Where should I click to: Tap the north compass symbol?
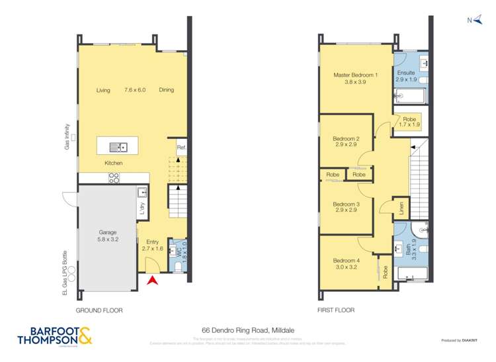tap(474, 21)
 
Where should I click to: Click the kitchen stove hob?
tap(114, 177)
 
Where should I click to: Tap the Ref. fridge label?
tap(181, 147)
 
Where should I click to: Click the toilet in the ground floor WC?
tap(181, 266)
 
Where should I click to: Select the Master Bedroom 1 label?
tap(356, 78)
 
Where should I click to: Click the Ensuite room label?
tap(406, 75)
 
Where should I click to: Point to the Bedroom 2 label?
tap(346, 141)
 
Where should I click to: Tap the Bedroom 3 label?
tap(346, 207)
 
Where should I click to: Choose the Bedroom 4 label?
tap(346, 263)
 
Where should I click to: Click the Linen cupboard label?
tap(401, 208)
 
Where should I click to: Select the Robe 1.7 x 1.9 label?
tap(409, 122)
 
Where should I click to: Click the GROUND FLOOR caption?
tap(99, 310)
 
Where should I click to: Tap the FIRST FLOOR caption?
tap(335, 310)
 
